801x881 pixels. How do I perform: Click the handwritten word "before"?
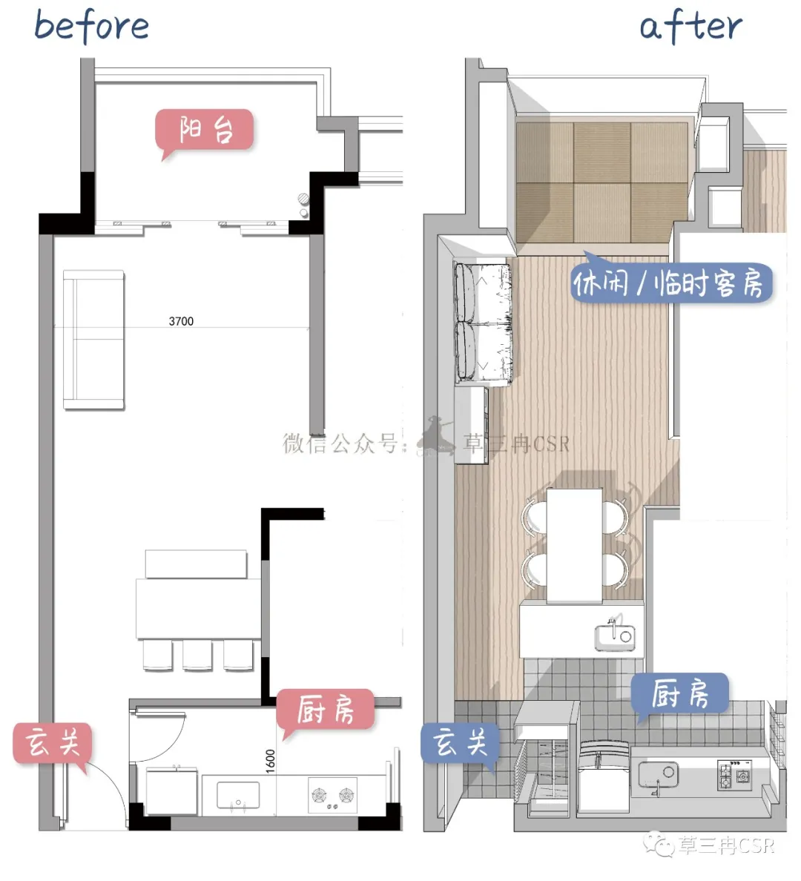coord(92,26)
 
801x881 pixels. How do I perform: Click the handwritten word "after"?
coord(690,26)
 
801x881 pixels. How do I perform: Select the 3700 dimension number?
coord(181,321)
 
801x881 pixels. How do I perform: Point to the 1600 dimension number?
coord(271,761)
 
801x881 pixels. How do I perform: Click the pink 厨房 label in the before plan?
coord(325,710)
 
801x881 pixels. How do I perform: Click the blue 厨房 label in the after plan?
coord(679,694)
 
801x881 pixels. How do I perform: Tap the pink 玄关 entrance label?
coord(52,743)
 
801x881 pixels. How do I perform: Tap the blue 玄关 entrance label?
coord(461,742)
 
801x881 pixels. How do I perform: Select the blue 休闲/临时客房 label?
coord(672,283)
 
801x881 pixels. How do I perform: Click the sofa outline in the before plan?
coord(93,340)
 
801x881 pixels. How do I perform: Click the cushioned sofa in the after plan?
coord(482,323)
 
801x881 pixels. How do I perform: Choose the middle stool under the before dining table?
coord(197,655)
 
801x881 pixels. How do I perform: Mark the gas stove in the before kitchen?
coord(332,795)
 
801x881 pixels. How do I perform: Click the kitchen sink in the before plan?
coord(238,795)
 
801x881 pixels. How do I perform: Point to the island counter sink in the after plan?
coord(615,636)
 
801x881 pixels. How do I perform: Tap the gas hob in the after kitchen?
coord(735,775)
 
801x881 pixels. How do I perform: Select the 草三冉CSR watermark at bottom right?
coord(711,845)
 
